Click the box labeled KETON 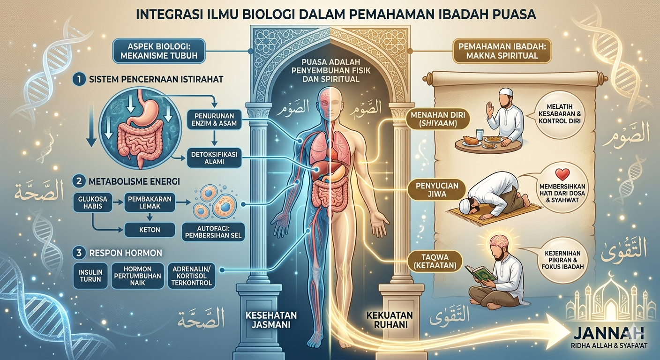tap(150, 229)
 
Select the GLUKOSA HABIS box tap(93, 202)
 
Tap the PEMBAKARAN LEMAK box tap(150, 202)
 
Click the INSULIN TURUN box tap(90, 275)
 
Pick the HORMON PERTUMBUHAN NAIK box tap(138, 276)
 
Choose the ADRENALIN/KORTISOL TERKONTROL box tap(192, 276)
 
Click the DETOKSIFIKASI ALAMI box tap(214, 158)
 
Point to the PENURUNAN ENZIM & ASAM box tap(214, 120)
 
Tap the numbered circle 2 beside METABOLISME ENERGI tap(79, 181)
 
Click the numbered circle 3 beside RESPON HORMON tap(79, 253)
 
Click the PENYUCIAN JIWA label tap(433, 190)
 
